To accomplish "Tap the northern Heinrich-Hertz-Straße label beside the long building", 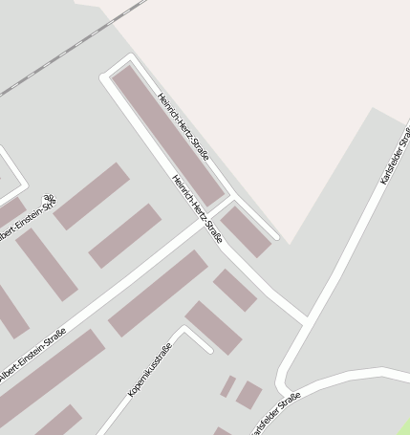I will pos(182,124).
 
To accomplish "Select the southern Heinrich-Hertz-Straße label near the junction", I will pos(198,207).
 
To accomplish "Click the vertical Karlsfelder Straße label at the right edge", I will pos(395,158).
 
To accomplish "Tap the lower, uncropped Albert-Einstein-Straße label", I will pos(32,359).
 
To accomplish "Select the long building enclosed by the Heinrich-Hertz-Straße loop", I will pos(168,134).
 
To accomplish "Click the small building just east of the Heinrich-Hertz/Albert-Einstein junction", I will pos(247,231).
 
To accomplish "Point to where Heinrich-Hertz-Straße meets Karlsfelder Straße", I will pos(306,320).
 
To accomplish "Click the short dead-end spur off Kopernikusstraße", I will pos(197,338).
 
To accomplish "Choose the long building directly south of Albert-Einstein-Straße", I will pos(158,294).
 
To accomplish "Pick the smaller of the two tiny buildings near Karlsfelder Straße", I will pos(228,386).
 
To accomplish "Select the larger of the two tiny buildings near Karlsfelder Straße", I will pos(249,394).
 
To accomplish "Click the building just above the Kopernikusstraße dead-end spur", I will pos(213,327).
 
